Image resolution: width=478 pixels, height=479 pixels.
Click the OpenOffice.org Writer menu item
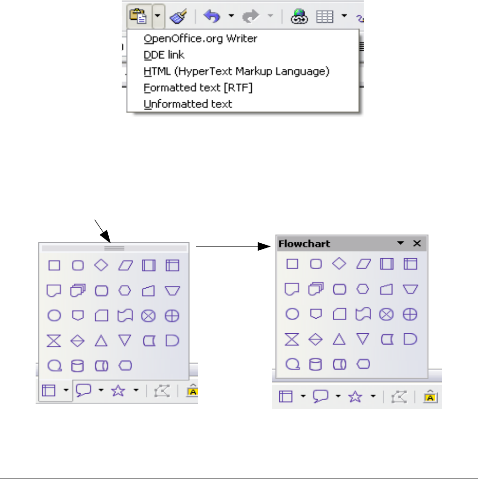[x=200, y=38]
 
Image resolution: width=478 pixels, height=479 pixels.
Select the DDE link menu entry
[x=164, y=55]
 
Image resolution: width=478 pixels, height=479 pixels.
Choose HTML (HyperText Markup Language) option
[x=237, y=71]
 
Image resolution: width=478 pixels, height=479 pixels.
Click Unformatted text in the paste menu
[x=187, y=104]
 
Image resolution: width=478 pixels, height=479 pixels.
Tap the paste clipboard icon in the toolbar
[x=138, y=17]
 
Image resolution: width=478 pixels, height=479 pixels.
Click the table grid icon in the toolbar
[x=324, y=17]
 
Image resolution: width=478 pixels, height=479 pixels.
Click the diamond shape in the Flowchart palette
[x=339, y=263]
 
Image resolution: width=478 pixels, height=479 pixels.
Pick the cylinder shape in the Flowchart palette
[x=316, y=364]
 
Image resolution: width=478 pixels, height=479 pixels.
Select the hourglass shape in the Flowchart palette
[x=292, y=339]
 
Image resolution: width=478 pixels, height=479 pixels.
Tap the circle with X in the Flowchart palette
[x=386, y=314]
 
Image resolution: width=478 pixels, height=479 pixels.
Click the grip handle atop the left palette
[x=114, y=247]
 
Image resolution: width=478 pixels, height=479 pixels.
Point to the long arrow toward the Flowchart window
[x=228, y=246]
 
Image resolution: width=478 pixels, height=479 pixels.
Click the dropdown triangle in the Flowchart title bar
[x=400, y=243]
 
